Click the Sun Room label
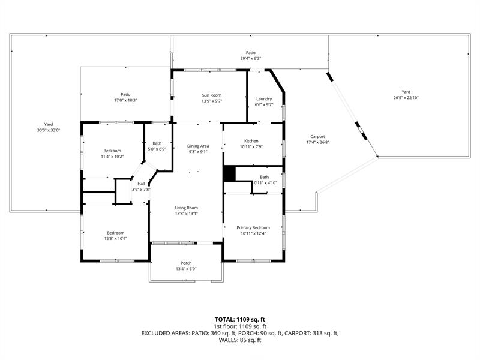pyautogui.click(x=212, y=95)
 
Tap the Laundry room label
pyautogui.click(x=264, y=99)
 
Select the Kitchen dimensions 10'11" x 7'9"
pyautogui.click(x=251, y=146)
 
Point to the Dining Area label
pyautogui.click(x=198, y=146)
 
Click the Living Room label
pyautogui.click(x=187, y=208)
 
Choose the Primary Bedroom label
pyautogui.click(x=253, y=227)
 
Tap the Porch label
pyautogui.click(x=186, y=263)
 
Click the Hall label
pyautogui.click(x=141, y=184)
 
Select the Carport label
pyautogui.click(x=318, y=137)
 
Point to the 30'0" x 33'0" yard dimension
pyautogui.click(x=49, y=130)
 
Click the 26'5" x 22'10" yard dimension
pyautogui.click(x=406, y=98)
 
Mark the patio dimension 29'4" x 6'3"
pyautogui.click(x=250, y=58)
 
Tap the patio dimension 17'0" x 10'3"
pyautogui.click(x=125, y=100)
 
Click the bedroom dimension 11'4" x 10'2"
pyautogui.click(x=112, y=157)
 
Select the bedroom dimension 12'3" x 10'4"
pyautogui.click(x=115, y=238)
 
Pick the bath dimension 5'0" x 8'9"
pyautogui.click(x=157, y=149)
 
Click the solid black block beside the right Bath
pyautogui.click(x=229, y=174)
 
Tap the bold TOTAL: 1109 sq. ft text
pyautogui.click(x=240, y=320)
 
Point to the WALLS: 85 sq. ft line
pyautogui.click(x=240, y=340)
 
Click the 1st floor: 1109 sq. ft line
pyautogui.click(x=240, y=326)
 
